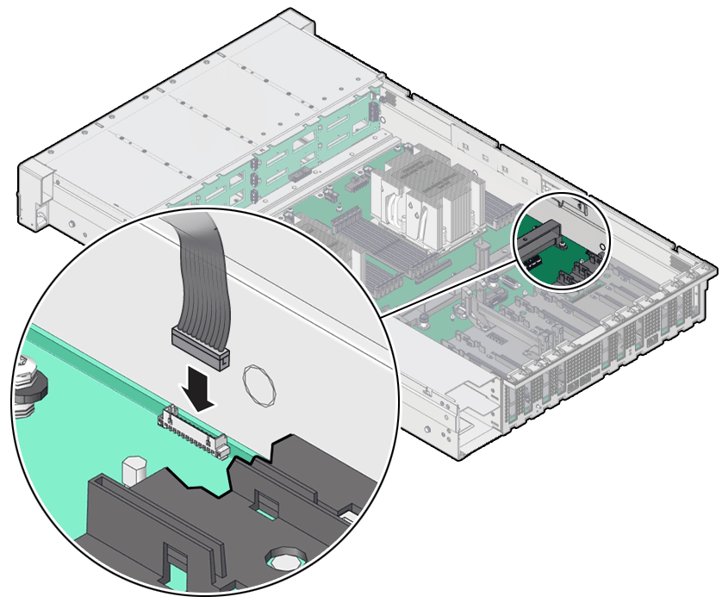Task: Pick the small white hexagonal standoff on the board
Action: click(x=132, y=470)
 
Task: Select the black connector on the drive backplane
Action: click(x=298, y=177)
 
